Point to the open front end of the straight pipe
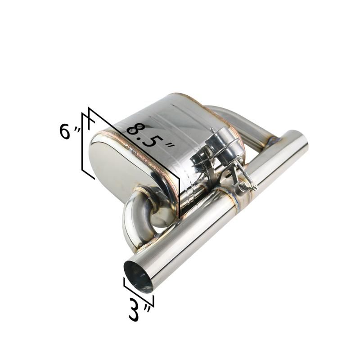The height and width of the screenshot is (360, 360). click(x=138, y=276)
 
